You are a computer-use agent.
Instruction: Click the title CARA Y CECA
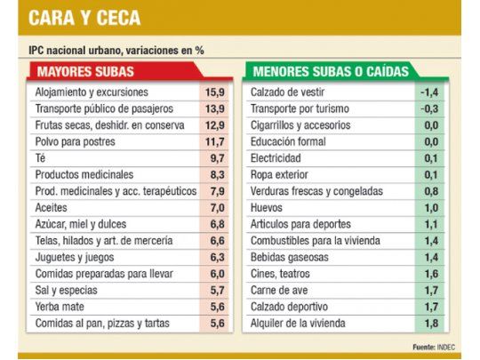(x=85, y=18)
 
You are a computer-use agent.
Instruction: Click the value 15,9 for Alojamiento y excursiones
(x=213, y=92)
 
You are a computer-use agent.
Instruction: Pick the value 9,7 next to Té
(x=217, y=157)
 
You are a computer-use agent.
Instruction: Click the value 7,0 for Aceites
(x=217, y=207)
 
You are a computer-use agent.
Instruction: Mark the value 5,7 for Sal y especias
(x=217, y=290)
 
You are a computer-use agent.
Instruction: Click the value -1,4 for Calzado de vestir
(x=429, y=92)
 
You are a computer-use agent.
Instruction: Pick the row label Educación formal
(x=289, y=141)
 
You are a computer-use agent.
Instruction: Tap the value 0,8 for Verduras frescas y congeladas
(x=431, y=190)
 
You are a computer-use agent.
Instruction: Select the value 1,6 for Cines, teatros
(x=431, y=274)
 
